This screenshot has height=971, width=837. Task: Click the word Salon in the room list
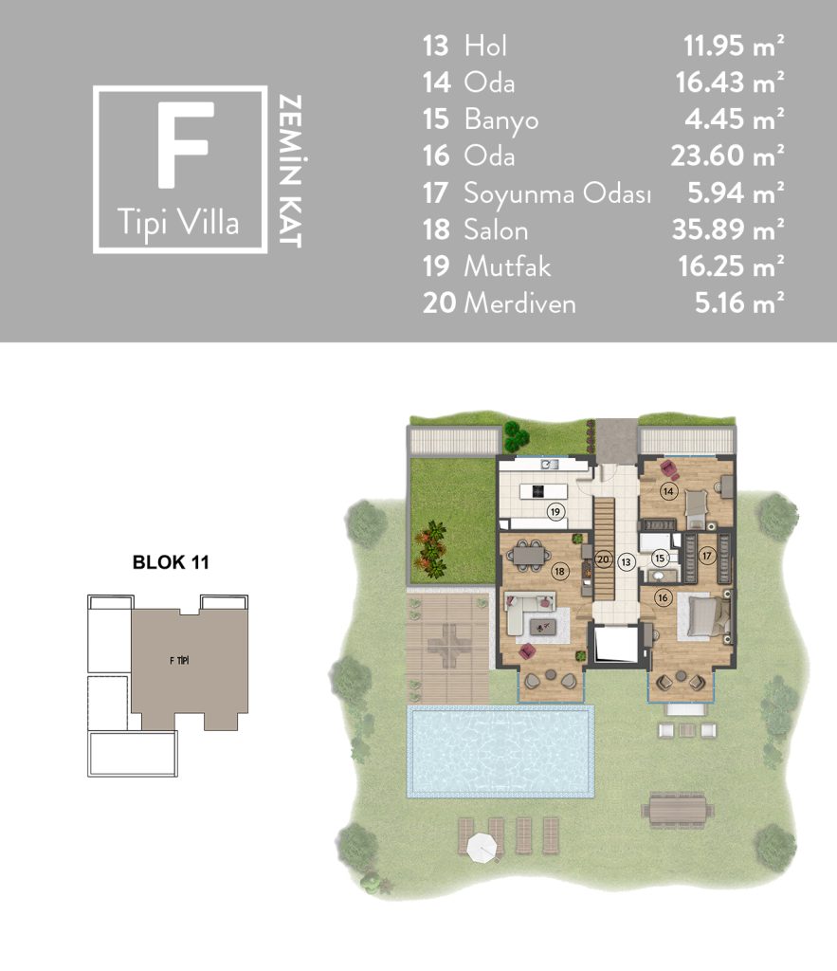(496, 230)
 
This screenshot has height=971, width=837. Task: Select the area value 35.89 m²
(728, 229)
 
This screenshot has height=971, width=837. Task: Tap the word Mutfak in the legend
(507, 266)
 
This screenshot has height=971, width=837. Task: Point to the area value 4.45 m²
(735, 119)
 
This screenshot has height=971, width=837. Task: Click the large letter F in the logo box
(185, 144)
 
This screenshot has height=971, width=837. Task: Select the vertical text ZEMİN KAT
(290, 171)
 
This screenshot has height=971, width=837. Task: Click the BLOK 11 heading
(171, 562)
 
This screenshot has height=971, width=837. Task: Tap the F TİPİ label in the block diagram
(179, 661)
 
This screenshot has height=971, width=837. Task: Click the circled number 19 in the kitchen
(555, 511)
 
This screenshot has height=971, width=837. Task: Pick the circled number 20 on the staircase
(603, 559)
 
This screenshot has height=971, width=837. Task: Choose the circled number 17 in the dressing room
(707, 556)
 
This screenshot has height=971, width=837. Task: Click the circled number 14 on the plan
(668, 492)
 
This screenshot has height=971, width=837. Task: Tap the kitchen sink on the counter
(550, 464)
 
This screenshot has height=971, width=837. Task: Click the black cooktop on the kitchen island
(538, 491)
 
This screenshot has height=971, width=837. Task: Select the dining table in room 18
(528, 555)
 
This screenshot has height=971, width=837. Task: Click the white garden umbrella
(482, 848)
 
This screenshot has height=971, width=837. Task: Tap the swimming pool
(500, 751)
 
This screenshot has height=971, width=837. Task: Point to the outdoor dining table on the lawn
(677, 811)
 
